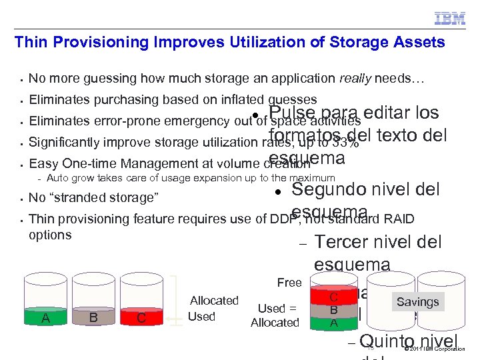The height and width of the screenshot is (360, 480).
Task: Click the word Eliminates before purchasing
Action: pyautogui.click(x=61, y=100)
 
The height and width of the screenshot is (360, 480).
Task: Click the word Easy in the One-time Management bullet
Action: pyautogui.click(x=43, y=163)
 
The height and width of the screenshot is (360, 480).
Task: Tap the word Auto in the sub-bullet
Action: pyautogui.click(x=58, y=178)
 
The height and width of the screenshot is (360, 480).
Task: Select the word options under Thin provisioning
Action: pyautogui.click(x=50, y=235)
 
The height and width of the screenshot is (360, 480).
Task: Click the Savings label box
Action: pyautogui.click(x=418, y=302)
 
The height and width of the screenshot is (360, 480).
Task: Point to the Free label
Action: pyautogui.click(x=289, y=283)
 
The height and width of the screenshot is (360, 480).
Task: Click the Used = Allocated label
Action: pyautogui.click(x=275, y=315)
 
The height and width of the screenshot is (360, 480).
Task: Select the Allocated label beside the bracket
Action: pyautogui.click(x=214, y=301)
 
